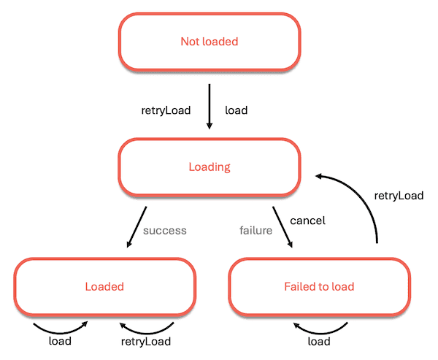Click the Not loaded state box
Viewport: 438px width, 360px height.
pyautogui.click(x=210, y=42)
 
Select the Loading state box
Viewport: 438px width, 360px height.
pyautogui.click(x=210, y=167)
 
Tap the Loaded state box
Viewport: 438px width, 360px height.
pyautogui.click(x=104, y=286)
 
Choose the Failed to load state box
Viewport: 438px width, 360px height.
pyautogui.click(x=318, y=286)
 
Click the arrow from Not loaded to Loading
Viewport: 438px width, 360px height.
pyautogui.click(x=210, y=107)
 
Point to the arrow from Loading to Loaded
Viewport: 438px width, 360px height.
pyautogui.click(x=137, y=226)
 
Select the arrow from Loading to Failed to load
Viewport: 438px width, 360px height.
pyautogui.click(x=283, y=227)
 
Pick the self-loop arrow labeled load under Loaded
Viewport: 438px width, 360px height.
pyautogui.click(x=61, y=326)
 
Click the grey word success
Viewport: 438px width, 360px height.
pyautogui.click(x=165, y=231)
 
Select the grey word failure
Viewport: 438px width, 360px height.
pyautogui.click(x=255, y=231)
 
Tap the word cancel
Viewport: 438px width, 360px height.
pyautogui.click(x=307, y=220)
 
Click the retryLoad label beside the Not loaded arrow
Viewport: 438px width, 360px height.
pyautogui.click(x=166, y=111)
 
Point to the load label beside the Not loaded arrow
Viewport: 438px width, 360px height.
pyautogui.click(x=236, y=111)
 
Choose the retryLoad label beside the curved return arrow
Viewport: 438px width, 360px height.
pyautogui.click(x=399, y=196)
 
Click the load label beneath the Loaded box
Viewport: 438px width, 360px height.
pyautogui.click(x=60, y=342)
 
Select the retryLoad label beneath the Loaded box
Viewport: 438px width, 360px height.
pyautogui.click(x=146, y=342)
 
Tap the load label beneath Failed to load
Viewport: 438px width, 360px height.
pyautogui.click(x=318, y=342)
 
